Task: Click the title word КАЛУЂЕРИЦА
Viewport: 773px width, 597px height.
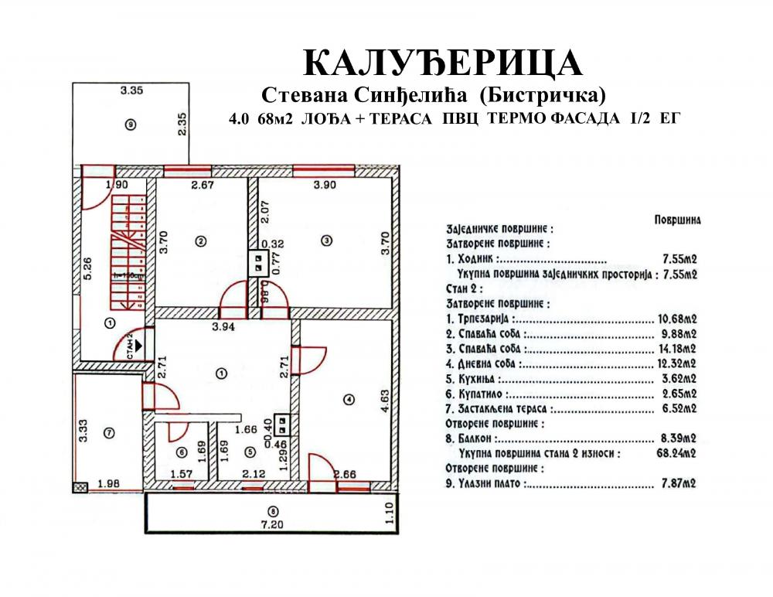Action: pos(442,63)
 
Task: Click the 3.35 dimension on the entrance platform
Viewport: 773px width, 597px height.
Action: pos(131,90)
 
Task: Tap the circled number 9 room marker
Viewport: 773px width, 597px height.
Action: pos(131,125)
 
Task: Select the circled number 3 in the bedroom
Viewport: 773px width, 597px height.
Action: pos(326,241)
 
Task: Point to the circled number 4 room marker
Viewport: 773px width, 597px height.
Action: pos(349,400)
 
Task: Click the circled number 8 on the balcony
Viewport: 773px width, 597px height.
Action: pos(274,511)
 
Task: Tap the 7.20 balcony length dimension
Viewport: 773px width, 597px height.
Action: pos(273,524)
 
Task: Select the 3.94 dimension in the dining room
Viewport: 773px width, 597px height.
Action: pos(223,326)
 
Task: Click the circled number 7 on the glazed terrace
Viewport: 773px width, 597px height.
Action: pos(110,433)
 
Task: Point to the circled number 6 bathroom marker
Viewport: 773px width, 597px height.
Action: pos(182,452)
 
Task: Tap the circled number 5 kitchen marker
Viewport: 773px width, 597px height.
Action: pos(250,452)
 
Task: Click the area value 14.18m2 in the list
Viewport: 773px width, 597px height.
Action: pos(677,349)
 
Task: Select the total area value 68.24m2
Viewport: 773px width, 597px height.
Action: pos(676,453)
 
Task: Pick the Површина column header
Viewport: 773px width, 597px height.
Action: pos(677,220)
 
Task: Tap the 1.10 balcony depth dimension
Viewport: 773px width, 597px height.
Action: pos(389,513)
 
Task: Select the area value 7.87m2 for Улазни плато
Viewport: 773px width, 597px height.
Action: pos(679,483)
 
